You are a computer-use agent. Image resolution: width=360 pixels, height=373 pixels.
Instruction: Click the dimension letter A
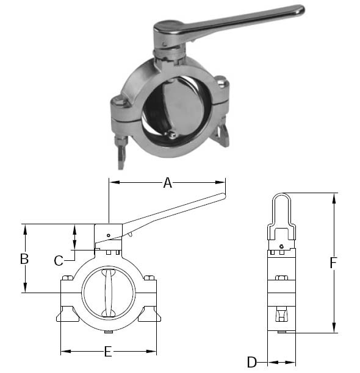(167, 182)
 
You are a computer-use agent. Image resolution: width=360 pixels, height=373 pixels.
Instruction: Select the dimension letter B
(24, 258)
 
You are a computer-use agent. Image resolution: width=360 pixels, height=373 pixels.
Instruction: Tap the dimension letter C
(59, 261)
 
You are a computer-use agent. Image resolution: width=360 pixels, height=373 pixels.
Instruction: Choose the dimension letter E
(108, 352)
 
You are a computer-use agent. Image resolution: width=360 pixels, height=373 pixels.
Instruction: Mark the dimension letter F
(333, 263)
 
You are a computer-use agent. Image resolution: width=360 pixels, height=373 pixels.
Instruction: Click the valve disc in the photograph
(182, 107)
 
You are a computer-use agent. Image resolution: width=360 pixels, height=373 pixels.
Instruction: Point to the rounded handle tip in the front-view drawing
(221, 196)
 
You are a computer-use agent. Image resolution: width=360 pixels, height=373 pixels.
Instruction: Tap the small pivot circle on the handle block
(107, 235)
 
